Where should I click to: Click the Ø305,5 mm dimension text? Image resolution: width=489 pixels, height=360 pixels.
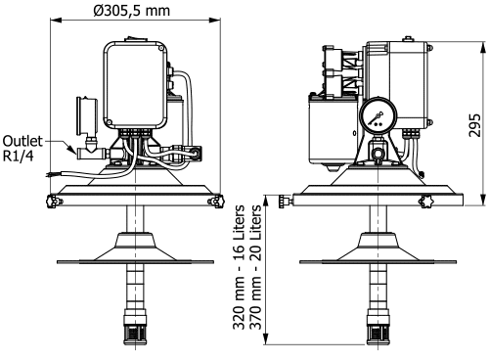132,11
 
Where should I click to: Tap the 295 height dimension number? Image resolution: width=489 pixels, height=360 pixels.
474,125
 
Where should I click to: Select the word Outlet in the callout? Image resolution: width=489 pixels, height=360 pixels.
22,141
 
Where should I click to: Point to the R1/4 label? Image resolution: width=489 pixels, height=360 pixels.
18,157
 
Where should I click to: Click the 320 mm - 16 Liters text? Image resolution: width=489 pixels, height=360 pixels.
239,267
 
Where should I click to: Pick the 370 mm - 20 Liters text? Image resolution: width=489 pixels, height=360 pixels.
255,267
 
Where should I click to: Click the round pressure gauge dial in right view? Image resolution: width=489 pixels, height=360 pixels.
378,116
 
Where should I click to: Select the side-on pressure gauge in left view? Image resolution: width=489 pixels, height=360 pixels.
87,115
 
